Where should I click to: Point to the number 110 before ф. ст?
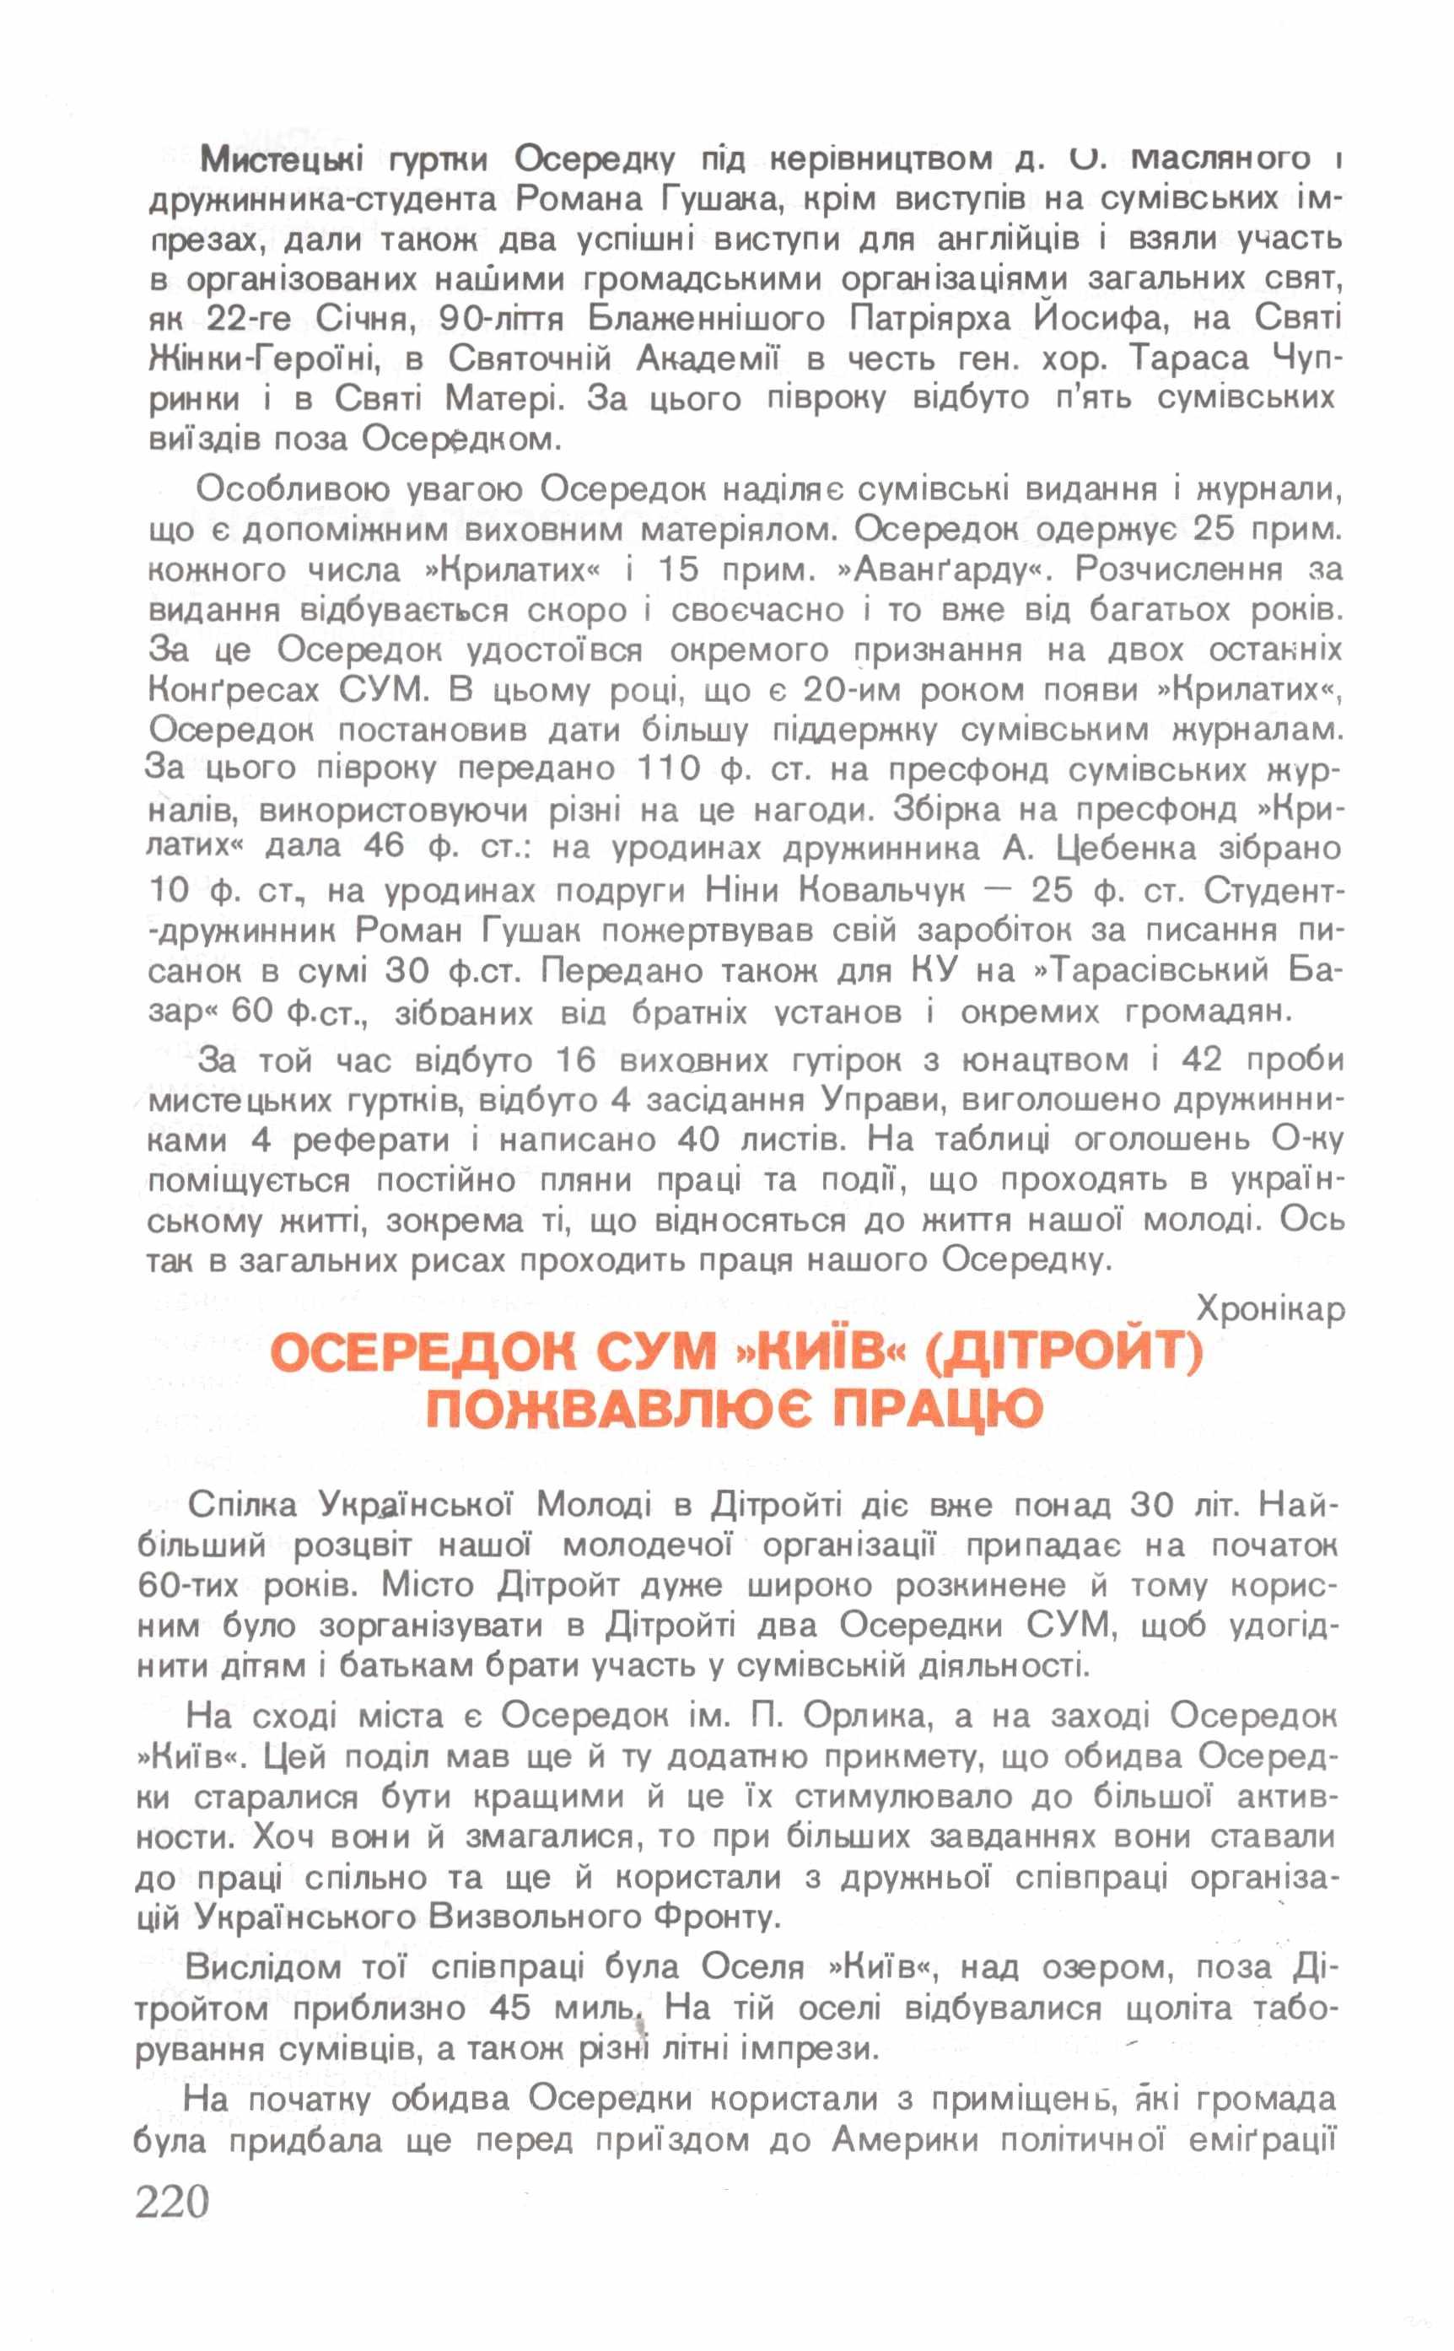point(671,769)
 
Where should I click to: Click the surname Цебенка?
point(1129,849)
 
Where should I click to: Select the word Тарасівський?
point(1155,971)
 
